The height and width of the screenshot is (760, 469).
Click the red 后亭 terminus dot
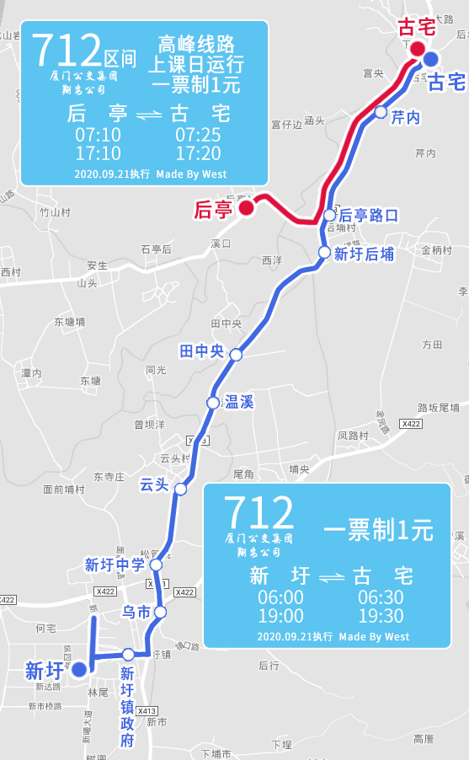pos(247,207)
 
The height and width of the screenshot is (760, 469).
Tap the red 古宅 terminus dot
pos(418,48)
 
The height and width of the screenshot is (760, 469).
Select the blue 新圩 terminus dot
pos(78,669)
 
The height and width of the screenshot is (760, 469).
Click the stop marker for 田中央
pos(236,355)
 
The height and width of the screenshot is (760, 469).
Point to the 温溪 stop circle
pos(213,403)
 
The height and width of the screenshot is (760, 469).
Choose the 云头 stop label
pos(154,484)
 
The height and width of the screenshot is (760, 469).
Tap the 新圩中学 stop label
pos(115,565)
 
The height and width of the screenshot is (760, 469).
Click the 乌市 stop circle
pos(161,613)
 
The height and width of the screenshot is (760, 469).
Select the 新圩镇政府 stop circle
pos(128,654)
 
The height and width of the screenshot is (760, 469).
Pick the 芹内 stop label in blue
pos(405,118)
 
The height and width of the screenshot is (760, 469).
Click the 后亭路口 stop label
pos(368,215)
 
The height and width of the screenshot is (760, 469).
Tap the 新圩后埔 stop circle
pos(324,253)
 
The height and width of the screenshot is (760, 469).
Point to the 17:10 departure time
pos(98,153)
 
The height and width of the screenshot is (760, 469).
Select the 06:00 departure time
pos(280,597)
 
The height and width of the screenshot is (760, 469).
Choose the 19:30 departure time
pos(381,616)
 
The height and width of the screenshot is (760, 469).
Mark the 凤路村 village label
pos(353,436)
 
